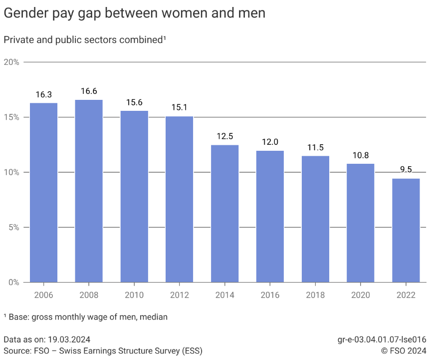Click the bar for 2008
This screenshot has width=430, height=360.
point(89,191)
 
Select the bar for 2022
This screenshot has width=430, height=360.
point(406,230)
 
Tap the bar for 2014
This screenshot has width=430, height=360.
point(224,213)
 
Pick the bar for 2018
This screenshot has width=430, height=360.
point(315,219)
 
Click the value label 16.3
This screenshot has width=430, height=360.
point(43,94)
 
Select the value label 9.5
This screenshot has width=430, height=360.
point(406,170)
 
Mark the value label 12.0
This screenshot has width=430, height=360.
point(270,142)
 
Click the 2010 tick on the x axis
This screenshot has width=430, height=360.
point(134,295)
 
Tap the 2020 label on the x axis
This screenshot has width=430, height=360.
point(360,295)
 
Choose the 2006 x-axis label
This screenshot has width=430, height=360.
point(43,295)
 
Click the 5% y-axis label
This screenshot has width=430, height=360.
point(13,227)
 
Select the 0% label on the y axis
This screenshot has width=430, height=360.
point(13,282)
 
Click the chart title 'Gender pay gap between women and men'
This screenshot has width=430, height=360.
point(134,13)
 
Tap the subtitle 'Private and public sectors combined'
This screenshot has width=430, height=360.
point(84,39)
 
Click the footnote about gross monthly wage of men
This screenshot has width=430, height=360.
point(85,317)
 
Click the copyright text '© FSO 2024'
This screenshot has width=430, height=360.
point(404,351)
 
